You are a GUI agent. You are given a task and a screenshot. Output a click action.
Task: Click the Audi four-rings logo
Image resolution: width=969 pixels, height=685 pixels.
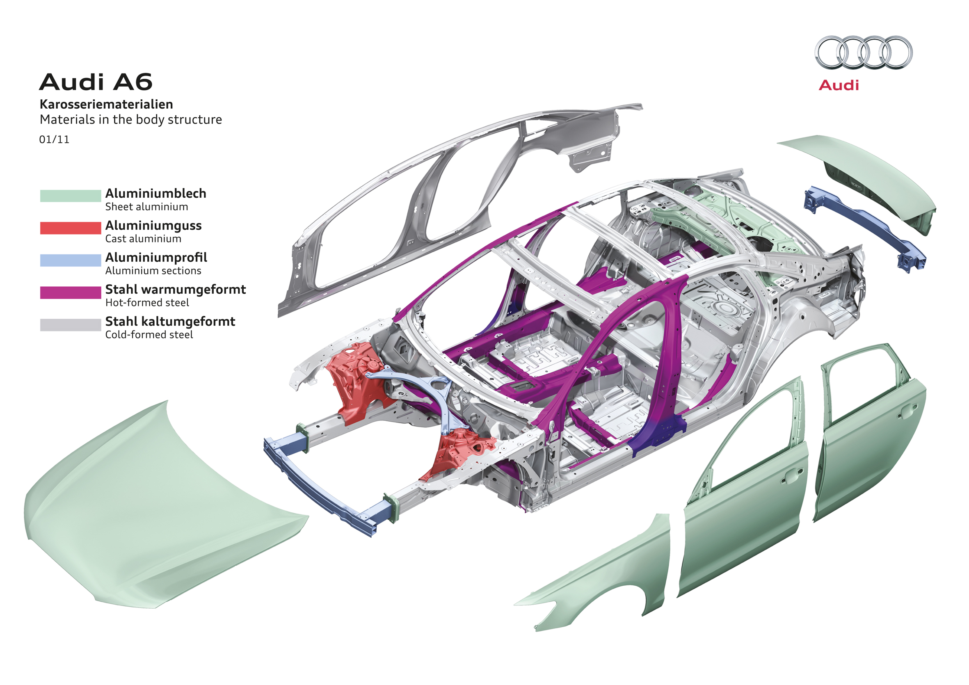click(863, 53)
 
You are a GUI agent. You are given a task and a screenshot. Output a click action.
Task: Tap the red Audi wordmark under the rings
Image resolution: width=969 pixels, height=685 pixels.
click(839, 85)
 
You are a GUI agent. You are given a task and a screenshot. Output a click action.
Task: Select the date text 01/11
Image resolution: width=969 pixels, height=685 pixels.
click(54, 140)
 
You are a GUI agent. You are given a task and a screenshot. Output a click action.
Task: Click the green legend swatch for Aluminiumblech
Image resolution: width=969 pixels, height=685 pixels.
click(71, 196)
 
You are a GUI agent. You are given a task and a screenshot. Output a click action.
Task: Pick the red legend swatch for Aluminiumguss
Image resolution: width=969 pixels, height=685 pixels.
click(71, 228)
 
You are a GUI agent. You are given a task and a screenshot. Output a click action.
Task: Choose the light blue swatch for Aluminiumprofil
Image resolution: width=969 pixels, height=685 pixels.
click(71, 260)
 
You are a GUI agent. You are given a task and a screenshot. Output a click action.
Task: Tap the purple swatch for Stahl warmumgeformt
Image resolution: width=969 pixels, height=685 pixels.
click(71, 292)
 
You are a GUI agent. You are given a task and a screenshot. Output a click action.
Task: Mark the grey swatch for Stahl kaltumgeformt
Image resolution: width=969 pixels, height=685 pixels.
click(71, 324)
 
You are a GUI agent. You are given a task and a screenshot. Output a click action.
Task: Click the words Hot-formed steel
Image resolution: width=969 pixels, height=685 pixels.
click(147, 303)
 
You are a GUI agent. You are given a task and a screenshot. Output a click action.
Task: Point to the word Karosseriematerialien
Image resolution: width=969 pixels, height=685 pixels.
click(106, 104)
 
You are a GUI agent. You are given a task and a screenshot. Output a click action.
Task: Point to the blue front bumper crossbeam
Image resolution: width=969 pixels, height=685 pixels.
click(321, 485)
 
